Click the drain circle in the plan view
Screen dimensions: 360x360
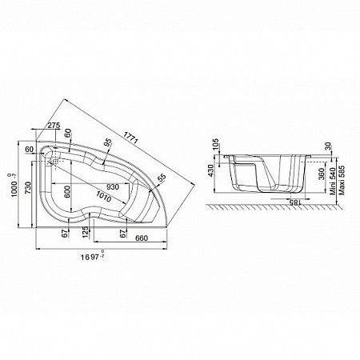click(55, 158)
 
